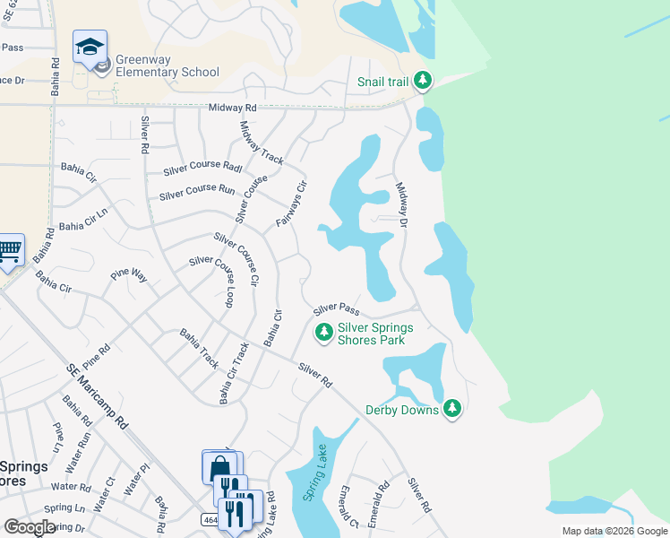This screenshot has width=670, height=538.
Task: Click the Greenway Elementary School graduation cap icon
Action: coord(90,46)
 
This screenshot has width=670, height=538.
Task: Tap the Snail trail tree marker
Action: coord(422,82)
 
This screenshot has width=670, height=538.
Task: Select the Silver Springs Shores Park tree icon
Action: coord(323,333)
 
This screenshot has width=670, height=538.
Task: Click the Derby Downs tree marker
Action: coord(452,409)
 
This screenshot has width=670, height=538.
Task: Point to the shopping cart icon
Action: coord(9,250)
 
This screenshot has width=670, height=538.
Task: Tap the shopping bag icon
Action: coord(220,468)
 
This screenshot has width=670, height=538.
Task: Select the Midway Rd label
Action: coord(232,108)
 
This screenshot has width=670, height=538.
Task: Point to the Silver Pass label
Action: coord(336,309)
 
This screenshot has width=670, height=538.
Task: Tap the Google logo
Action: coord(30,527)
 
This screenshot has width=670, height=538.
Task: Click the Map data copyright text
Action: coord(614,531)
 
